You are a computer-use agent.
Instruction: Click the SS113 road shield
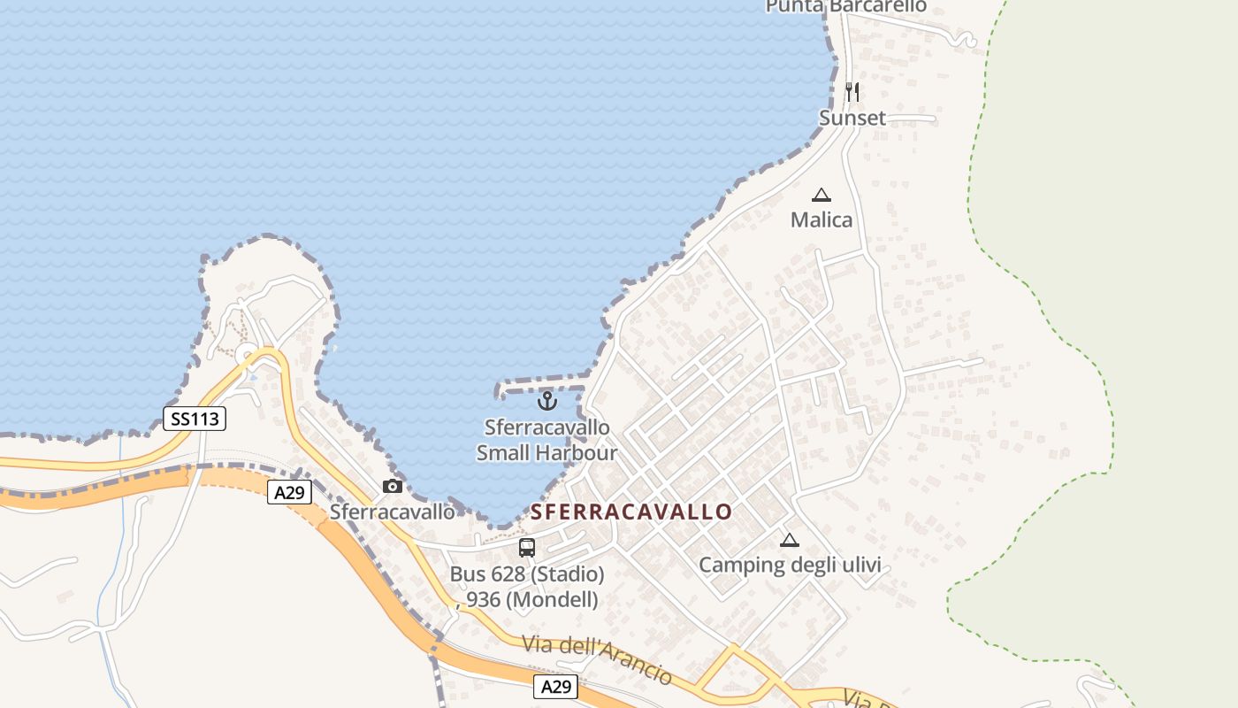(x=195, y=419)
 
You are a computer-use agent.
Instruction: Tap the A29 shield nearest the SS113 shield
(x=289, y=492)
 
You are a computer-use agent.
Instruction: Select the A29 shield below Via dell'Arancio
(x=555, y=686)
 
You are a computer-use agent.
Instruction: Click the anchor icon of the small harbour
(x=547, y=401)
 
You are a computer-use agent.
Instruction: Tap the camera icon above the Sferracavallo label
(x=393, y=486)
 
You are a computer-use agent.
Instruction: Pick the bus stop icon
(x=527, y=547)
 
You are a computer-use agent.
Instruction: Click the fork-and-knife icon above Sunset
(x=852, y=91)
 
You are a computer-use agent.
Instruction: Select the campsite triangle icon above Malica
(x=822, y=195)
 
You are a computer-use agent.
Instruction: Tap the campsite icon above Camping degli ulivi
(x=789, y=540)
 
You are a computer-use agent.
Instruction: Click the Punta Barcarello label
(x=845, y=7)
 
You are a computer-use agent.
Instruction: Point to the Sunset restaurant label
(x=852, y=118)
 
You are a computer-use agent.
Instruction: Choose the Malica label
(x=822, y=219)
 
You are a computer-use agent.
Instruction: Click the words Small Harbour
(x=546, y=453)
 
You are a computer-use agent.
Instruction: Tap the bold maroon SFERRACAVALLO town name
(x=631, y=512)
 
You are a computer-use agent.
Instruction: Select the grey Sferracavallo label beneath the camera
(x=393, y=512)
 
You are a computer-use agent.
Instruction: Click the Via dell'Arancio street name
(x=597, y=658)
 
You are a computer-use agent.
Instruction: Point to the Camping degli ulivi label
(x=790, y=565)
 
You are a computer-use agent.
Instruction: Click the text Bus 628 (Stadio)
(x=527, y=574)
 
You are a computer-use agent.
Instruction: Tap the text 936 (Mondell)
(x=532, y=599)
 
